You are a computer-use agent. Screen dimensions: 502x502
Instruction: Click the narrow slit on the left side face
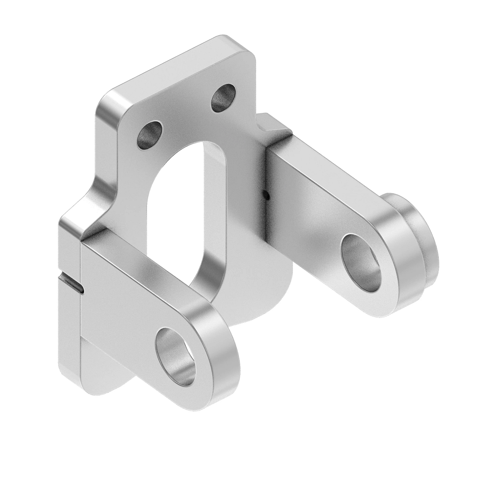pos(72,281)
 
